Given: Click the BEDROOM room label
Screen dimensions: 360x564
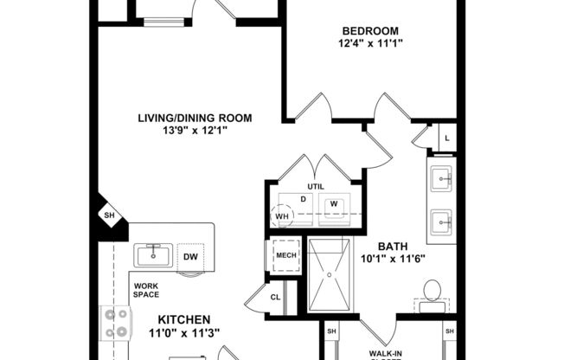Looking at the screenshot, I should (369, 31).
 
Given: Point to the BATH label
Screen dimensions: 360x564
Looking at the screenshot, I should (387, 245).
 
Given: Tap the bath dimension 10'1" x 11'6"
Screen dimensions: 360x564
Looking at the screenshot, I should (387, 257).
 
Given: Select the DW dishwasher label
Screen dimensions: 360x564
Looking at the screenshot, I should (190, 256).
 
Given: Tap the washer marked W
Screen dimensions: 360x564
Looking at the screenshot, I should (333, 206).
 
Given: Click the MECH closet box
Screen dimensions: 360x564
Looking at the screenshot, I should (285, 256).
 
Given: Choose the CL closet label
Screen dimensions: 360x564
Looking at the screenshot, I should (275, 297).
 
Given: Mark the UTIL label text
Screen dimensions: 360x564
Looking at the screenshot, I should (315, 187).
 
